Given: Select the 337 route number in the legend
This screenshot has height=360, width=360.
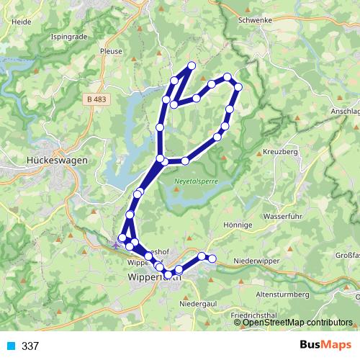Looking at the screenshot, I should pyautogui.click(x=30, y=346).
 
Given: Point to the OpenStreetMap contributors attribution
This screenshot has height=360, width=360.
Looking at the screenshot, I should pyautogui.click(x=297, y=322).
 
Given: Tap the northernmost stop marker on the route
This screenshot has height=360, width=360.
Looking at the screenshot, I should pyautogui.click(x=192, y=66).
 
